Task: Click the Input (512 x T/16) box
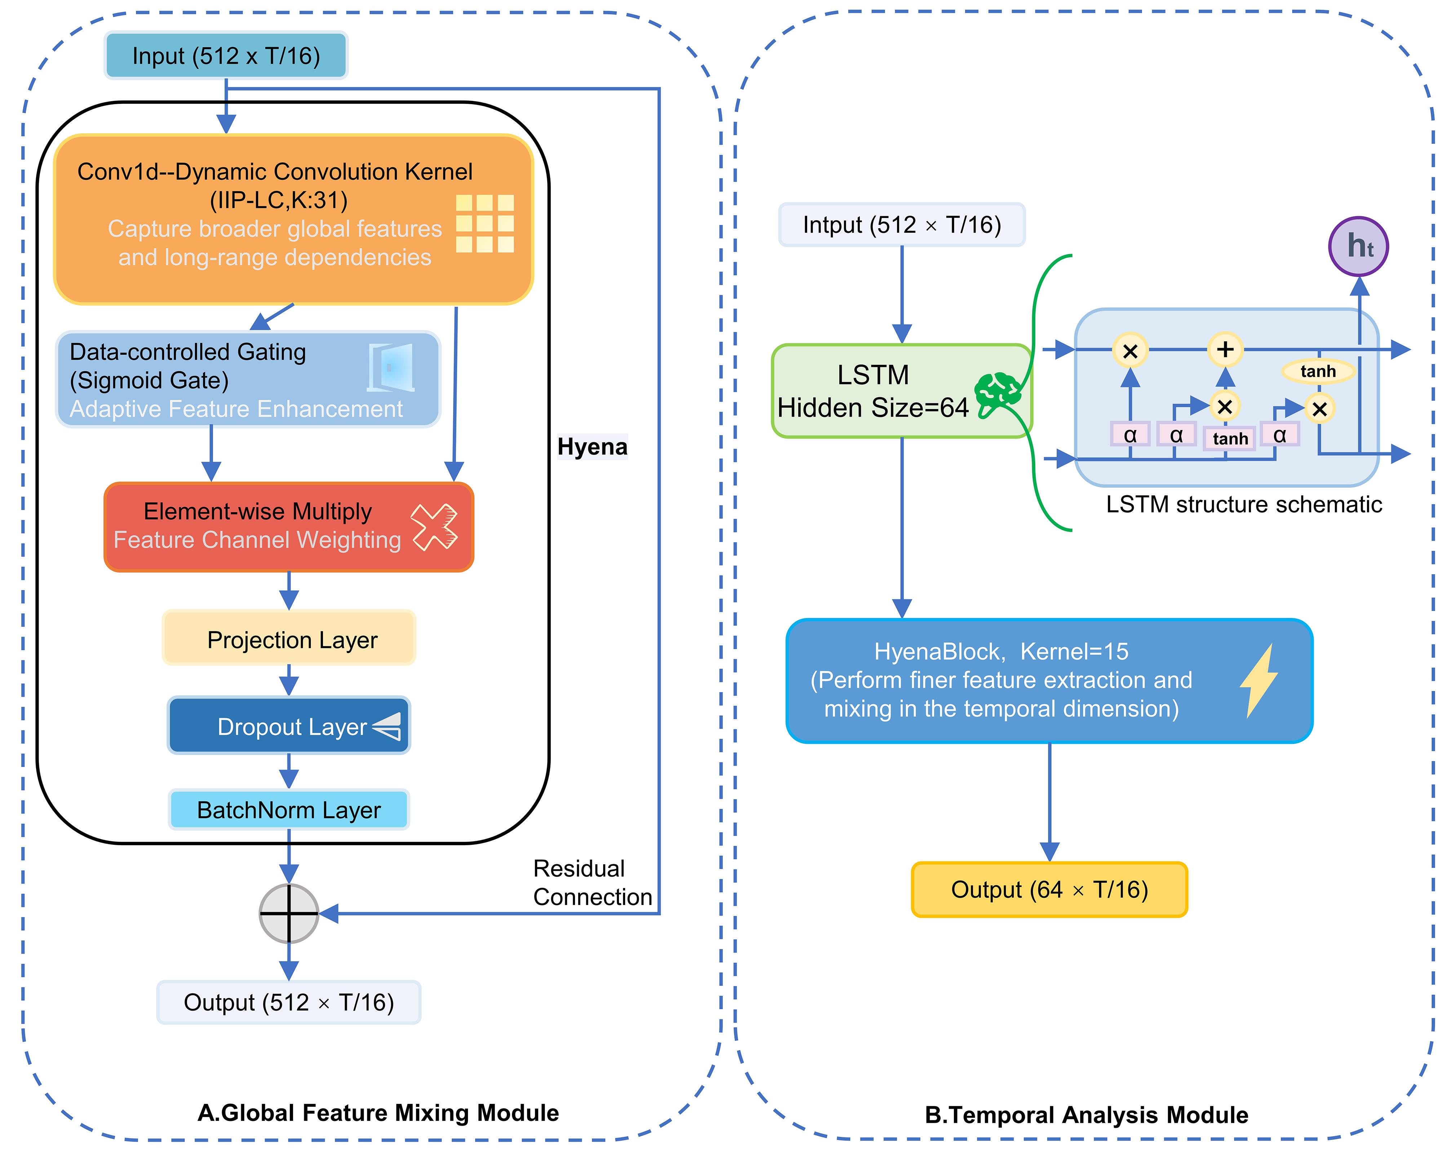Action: click(x=226, y=56)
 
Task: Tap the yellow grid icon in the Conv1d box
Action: click(x=485, y=223)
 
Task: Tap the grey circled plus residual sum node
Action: click(x=289, y=914)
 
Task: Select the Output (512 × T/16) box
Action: click(x=289, y=1002)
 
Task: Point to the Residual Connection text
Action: click(x=592, y=883)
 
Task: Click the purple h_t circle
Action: click(x=1358, y=246)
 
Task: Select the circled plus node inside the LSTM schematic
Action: click(x=1225, y=349)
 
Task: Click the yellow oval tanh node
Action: click(x=1318, y=371)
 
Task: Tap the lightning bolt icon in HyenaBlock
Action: click(x=1259, y=681)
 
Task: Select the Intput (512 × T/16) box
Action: click(x=902, y=225)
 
